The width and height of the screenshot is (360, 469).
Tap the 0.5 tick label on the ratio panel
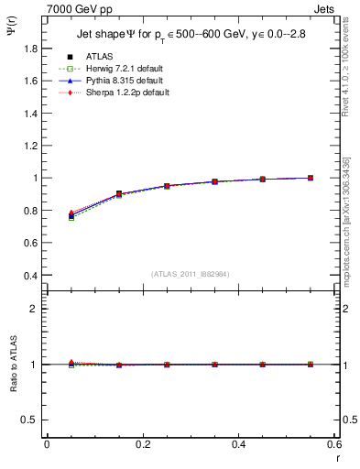[x=30, y=420]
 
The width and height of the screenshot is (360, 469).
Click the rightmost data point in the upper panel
[x=311, y=178]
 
